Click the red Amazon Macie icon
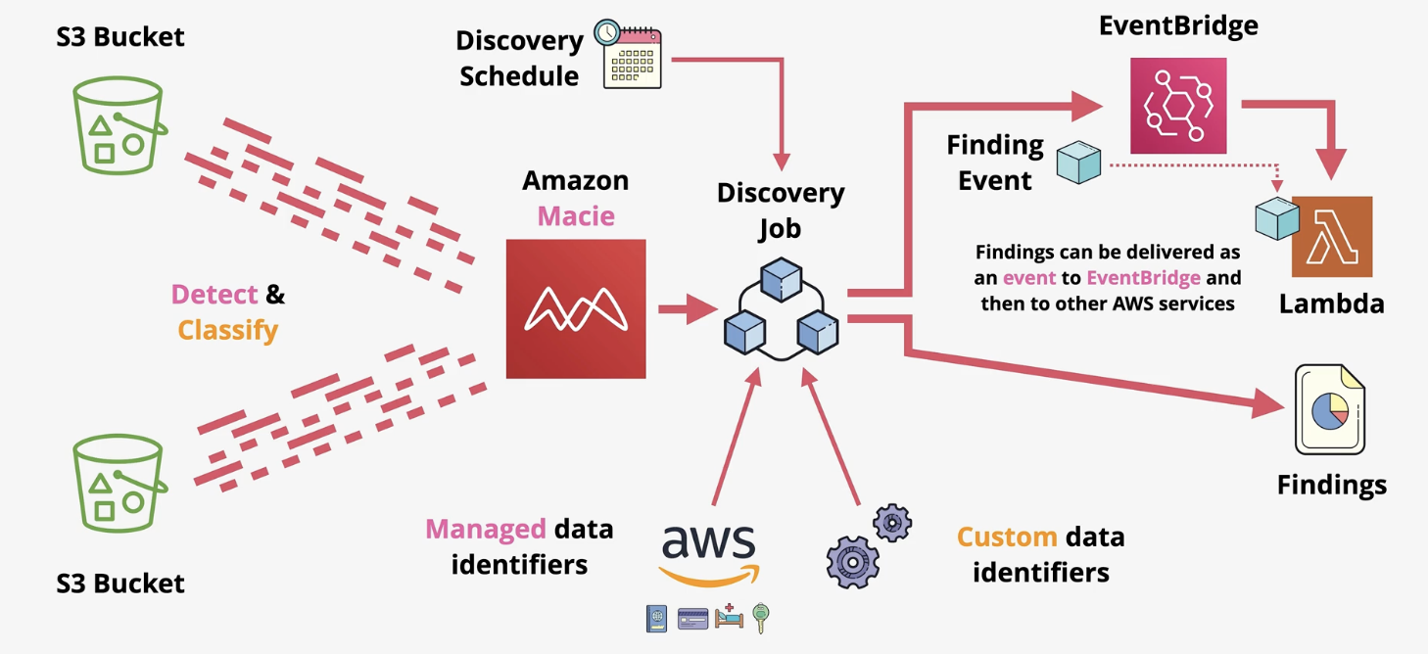click(x=576, y=308)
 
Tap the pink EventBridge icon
click(x=1178, y=105)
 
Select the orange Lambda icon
click(x=1332, y=237)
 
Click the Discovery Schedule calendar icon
click(x=629, y=55)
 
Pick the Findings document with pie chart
click(x=1329, y=410)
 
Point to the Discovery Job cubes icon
click(x=781, y=308)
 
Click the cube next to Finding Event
click(x=1078, y=162)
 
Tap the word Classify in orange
click(x=228, y=330)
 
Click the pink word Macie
click(x=576, y=215)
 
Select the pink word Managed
click(x=485, y=530)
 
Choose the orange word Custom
click(x=1006, y=537)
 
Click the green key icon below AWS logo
click(x=760, y=618)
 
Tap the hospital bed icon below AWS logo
click(x=729, y=617)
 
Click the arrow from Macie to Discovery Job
click(x=687, y=310)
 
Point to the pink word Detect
click(x=214, y=294)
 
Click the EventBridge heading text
click(x=1178, y=25)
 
